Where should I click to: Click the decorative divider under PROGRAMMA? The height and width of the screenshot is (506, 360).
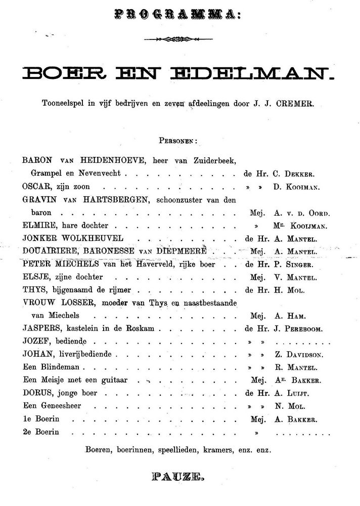coord(180,39)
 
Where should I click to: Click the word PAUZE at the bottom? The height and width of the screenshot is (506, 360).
coord(179,477)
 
